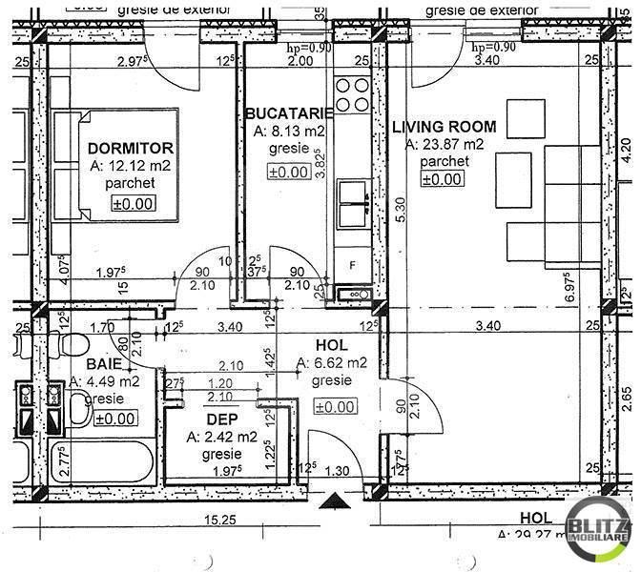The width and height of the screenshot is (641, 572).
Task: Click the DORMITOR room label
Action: pos(130,148)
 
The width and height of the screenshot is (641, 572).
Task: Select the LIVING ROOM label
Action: pos(445,126)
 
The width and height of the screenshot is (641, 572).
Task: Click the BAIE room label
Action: pos(103,363)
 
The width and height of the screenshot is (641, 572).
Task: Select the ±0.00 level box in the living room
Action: pos(442,179)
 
